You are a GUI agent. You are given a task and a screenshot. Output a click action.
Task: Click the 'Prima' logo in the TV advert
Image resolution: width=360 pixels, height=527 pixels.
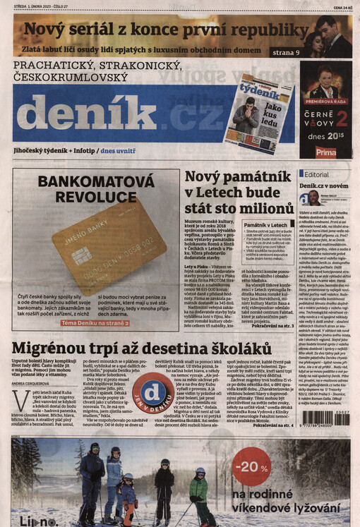coord(325,151)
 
